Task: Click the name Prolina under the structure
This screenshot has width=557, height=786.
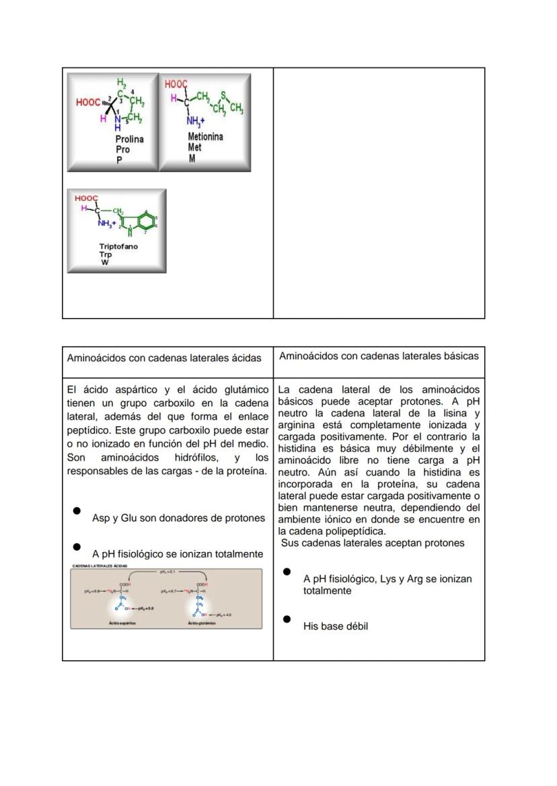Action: pyautogui.click(x=129, y=139)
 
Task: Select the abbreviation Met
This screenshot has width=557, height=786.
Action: pyautogui.click(x=194, y=147)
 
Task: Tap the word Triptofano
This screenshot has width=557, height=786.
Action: pyautogui.click(x=118, y=247)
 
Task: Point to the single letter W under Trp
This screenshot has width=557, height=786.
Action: pyautogui.click(x=105, y=263)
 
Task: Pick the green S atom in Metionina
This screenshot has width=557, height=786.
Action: pyautogui.click(x=223, y=95)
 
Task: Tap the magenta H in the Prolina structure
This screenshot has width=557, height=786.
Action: pyautogui.click(x=103, y=118)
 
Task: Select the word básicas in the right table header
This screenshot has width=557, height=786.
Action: pyautogui.click(x=460, y=356)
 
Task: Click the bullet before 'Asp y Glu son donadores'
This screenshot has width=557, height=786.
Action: pyautogui.click(x=77, y=511)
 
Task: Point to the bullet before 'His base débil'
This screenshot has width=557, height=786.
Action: pyautogui.click(x=287, y=619)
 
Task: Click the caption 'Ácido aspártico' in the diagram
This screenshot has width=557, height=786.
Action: pyautogui.click(x=122, y=623)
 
